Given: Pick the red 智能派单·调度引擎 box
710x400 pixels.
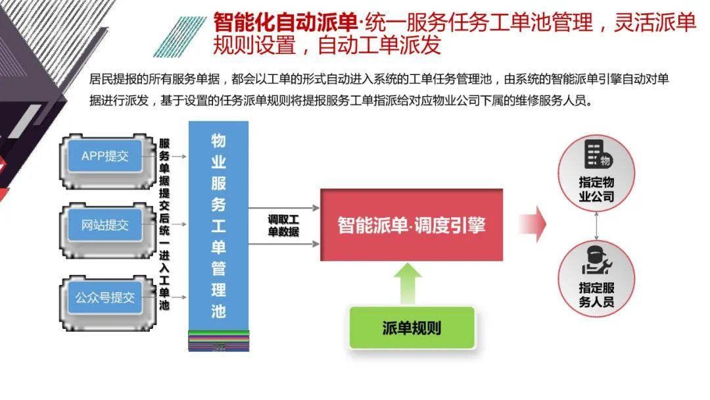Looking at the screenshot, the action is pos(412,225).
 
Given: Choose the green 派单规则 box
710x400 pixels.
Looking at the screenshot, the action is pos(412,328).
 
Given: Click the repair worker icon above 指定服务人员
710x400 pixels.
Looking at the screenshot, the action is pos(596,261).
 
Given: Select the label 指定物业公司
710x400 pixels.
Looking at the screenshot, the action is pos(596,189).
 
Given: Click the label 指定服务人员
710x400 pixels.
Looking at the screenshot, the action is pos(596,295).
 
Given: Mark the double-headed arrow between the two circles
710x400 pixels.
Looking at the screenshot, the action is pos(596,225).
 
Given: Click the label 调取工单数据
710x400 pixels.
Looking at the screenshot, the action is pos(283,225).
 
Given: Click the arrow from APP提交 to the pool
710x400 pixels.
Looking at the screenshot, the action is pos(175,157).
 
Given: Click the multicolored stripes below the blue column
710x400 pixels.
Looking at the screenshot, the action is pos(218,339).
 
